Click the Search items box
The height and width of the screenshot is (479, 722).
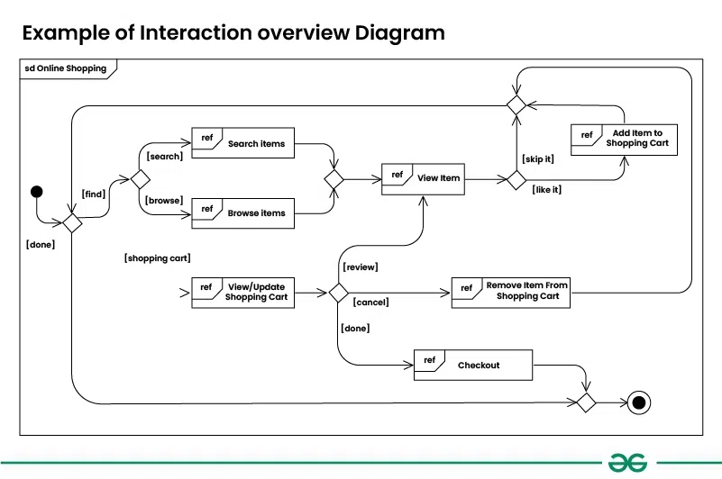242,144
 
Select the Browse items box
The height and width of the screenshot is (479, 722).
242,213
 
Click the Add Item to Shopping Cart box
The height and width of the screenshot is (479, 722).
623,139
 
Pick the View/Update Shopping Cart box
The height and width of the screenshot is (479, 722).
242,292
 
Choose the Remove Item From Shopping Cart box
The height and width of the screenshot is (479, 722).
510,292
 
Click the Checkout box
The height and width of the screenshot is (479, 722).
472,366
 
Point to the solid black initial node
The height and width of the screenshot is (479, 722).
37,191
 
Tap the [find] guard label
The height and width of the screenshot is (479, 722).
94,194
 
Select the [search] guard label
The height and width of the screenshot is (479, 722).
165,157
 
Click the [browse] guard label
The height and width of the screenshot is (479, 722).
165,200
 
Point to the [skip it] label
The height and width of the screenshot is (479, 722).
537,159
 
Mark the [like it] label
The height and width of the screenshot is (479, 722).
547,190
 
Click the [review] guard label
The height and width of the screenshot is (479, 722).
361,267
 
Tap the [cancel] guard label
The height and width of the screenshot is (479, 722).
370,303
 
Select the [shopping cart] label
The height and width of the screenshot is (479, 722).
157,258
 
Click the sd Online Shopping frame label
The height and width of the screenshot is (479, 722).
65,68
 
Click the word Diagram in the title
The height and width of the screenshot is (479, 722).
399,33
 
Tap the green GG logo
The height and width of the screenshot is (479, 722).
626,463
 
